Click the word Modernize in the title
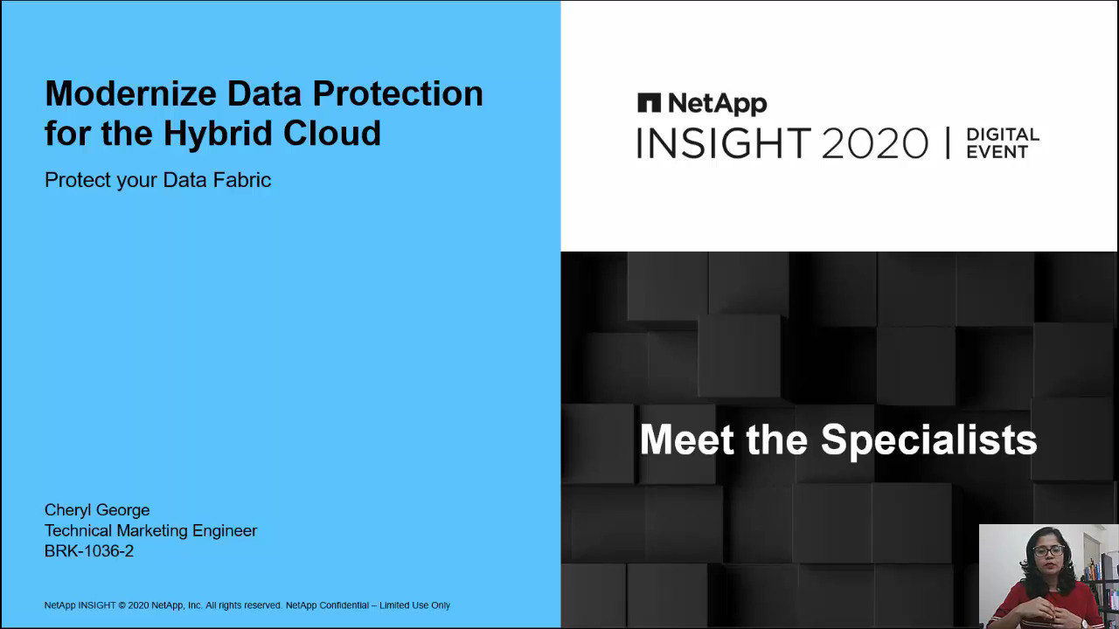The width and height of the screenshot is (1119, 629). [x=131, y=93]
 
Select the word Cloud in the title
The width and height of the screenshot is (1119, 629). [x=332, y=133]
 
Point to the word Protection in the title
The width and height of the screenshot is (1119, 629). [x=398, y=93]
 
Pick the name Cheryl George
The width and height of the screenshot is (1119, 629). [x=97, y=510]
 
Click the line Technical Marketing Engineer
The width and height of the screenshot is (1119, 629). [x=151, y=530]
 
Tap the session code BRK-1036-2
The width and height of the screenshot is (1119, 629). [x=89, y=551]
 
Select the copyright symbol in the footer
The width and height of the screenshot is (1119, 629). [x=122, y=605]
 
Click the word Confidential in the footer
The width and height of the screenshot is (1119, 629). [x=344, y=605]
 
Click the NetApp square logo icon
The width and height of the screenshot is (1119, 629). [x=649, y=103]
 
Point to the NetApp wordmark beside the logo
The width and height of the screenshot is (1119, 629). [x=718, y=104]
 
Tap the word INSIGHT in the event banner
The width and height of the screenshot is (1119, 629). [x=724, y=143]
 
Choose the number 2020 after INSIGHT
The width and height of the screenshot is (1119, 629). [x=875, y=143]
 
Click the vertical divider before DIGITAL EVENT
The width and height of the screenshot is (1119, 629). [x=948, y=143]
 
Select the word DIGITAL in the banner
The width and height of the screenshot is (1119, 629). [x=1003, y=135]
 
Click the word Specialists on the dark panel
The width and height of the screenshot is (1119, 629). [x=929, y=440]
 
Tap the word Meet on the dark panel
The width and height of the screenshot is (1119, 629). [x=687, y=439]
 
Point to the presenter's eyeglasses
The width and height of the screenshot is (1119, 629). [x=1048, y=551]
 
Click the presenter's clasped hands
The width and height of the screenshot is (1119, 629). [x=1046, y=610]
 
